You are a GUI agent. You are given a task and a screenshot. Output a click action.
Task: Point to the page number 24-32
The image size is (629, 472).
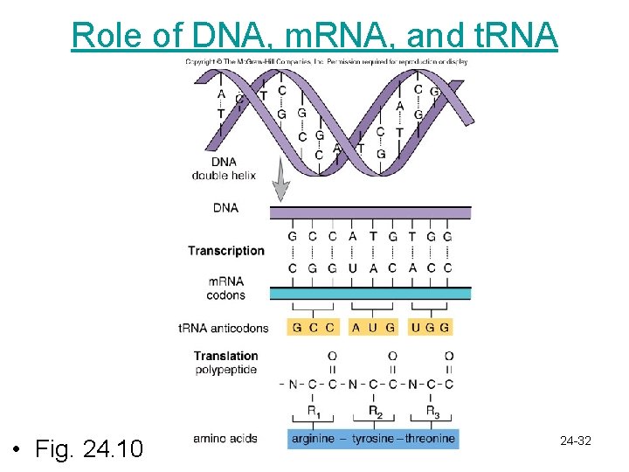[x=576, y=441]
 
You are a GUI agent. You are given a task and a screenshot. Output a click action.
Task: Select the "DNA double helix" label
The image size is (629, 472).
[x=224, y=169]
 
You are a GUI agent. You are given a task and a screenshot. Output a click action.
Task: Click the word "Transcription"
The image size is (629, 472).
[x=225, y=251]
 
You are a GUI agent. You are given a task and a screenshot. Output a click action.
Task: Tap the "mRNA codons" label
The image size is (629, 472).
[x=225, y=288]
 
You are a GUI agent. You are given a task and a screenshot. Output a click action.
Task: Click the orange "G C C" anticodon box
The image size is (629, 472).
[x=314, y=328]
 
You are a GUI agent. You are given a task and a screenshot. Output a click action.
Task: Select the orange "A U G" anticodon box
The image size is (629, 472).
[x=373, y=328]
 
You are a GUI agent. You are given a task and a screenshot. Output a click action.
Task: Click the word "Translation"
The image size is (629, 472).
[x=225, y=356]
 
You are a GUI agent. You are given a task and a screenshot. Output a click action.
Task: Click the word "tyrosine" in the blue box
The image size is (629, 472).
[x=374, y=438]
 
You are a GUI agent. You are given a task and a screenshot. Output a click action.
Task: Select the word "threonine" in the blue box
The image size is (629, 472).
[x=430, y=438]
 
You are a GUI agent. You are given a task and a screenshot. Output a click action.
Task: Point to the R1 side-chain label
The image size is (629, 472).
[x=313, y=411]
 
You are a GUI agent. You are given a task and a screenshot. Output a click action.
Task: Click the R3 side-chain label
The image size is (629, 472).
[x=432, y=411]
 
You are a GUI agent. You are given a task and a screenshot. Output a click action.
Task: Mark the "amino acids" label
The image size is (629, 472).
[x=225, y=438]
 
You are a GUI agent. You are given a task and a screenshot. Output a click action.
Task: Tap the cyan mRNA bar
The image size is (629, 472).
[x=370, y=293]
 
